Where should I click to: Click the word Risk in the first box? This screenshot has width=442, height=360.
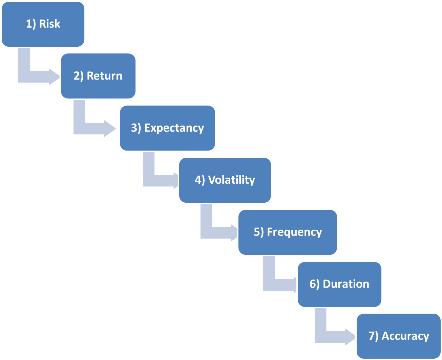[x=49, y=24]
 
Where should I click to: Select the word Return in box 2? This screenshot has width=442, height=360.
[x=104, y=76]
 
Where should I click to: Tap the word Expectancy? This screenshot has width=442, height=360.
[x=174, y=128]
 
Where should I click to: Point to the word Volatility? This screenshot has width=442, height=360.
[x=231, y=180]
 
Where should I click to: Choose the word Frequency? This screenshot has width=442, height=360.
[x=294, y=232]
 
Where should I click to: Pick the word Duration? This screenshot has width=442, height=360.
[x=346, y=284]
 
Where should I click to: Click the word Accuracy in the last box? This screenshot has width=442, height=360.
[x=405, y=336]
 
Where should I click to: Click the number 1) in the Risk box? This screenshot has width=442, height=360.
[x=31, y=24]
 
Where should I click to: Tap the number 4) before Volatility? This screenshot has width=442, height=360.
[x=200, y=180]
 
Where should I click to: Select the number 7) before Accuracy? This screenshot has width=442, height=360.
[x=373, y=336]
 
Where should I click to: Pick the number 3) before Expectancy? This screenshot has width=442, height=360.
[x=136, y=128]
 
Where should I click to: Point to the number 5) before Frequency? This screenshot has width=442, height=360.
[x=259, y=232]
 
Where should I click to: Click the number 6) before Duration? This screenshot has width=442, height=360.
[x=314, y=284]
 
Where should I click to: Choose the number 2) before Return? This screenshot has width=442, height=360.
[x=79, y=76]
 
